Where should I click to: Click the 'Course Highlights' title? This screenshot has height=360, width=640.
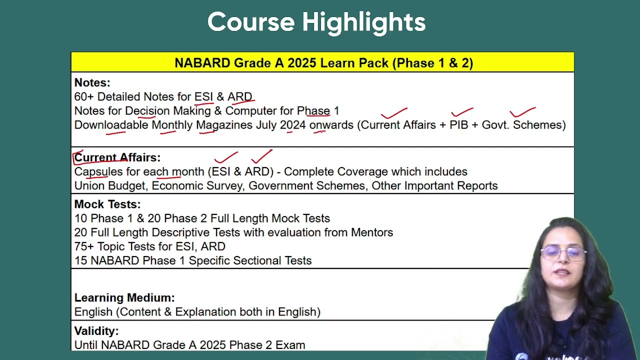click(x=316, y=22)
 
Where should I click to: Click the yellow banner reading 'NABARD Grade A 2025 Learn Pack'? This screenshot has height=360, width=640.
click(x=322, y=62)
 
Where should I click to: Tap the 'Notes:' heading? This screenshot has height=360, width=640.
click(x=92, y=82)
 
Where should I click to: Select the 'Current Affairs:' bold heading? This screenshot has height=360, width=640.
click(x=117, y=157)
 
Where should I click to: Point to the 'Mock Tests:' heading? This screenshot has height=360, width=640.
click(x=107, y=204)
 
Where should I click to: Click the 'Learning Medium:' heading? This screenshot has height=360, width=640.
click(x=124, y=297)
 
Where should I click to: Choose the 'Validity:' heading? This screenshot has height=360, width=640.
click(x=96, y=331)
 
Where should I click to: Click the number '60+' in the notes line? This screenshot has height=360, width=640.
click(x=84, y=96)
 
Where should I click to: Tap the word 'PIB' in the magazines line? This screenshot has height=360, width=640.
click(x=459, y=125)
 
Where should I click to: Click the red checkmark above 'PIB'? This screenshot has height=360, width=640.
click(x=462, y=111)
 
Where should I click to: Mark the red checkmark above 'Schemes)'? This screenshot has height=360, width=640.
click(x=522, y=111)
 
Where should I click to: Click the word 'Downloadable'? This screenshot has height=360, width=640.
click(x=111, y=125)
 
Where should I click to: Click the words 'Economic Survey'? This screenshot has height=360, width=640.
click(x=197, y=185)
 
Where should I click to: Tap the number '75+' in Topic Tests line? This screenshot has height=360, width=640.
click(x=84, y=246)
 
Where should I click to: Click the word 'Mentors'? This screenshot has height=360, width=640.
click(x=371, y=232)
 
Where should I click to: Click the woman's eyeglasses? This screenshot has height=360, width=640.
click(x=563, y=253)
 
